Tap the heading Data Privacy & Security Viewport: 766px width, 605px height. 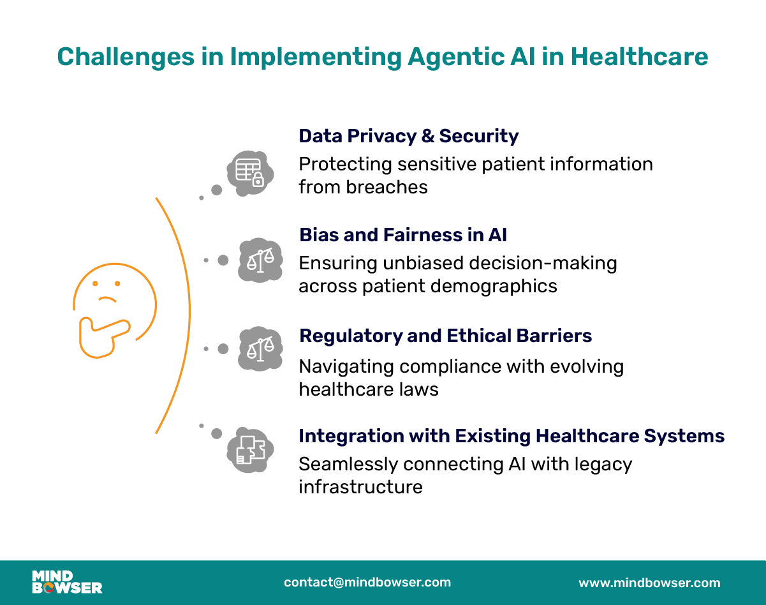tap(409, 136)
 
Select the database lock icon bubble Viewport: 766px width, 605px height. tap(250, 174)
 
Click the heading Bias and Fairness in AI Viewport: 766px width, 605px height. tap(403, 235)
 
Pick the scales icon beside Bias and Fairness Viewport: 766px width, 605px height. tap(261, 260)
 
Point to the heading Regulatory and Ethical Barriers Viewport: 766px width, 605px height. tap(445, 336)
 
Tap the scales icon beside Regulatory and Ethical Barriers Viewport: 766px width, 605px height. tap(261, 349)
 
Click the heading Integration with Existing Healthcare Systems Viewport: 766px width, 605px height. tap(512, 436)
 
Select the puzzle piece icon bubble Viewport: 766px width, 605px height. tap(250, 450)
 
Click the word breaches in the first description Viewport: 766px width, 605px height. tap(387, 187)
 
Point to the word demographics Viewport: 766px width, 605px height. tap(459, 287)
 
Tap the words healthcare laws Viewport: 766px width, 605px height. tap(369, 389)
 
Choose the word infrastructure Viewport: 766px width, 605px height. tap(360, 487)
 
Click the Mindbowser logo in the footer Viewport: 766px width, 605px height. tap(67, 582)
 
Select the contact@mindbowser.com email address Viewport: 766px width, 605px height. tap(367, 582)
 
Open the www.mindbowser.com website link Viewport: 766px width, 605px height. tap(650, 583)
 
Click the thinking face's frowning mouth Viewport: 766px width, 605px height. tap(107, 299)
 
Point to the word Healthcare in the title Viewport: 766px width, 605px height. tap(639, 57)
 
